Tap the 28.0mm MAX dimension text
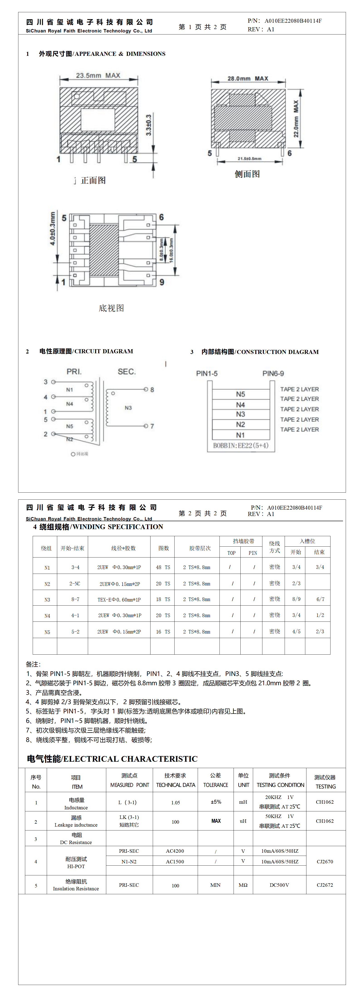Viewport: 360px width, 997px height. click(x=248, y=79)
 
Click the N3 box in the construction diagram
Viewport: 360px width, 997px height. click(x=240, y=414)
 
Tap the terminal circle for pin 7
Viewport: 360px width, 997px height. click(x=146, y=426)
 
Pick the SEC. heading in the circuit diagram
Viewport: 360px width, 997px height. click(x=127, y=372)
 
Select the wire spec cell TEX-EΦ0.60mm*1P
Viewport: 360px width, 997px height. click(x=119, y=599)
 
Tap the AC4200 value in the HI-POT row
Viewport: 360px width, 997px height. click(x=175, y=851)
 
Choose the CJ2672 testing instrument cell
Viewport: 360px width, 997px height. click(x=325, y=885)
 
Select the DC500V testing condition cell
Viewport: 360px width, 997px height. click(x=279, y=885)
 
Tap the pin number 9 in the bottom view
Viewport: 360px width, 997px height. click(x=162, y=282)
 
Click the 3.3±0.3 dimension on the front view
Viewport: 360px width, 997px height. click(x=149, y=125)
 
